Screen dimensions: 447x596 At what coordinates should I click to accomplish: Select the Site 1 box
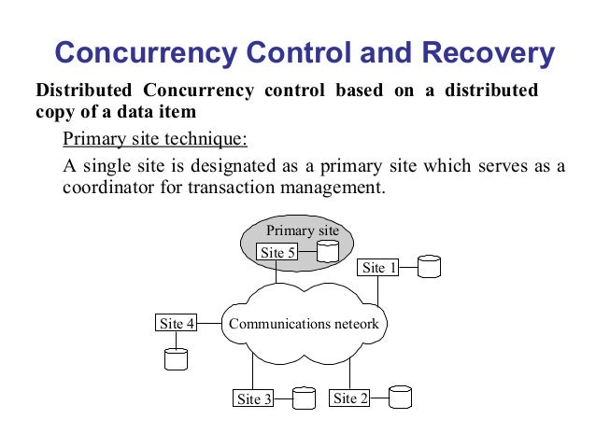(379, 268)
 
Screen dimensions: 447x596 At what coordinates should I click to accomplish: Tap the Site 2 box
(350, 398)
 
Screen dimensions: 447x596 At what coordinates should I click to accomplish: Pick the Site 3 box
(253, 399)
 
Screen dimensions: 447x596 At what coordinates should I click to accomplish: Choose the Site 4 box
(177, 324)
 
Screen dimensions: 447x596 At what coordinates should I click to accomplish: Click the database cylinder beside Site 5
(326, 251)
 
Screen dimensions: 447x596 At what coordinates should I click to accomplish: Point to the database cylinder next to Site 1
(429, 267)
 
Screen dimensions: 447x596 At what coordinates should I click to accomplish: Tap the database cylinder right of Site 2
(400, 397)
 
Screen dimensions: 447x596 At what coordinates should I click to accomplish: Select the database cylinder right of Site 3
(305, 398)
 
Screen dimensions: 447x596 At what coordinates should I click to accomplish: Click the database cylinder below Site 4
(176, 358)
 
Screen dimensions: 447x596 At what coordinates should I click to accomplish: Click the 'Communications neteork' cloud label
(304, 324)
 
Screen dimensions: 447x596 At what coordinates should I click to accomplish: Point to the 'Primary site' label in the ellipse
(303, 230)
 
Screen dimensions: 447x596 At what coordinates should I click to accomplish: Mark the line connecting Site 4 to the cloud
(209, 324)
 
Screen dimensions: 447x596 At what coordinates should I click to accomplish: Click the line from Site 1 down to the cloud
(378, 291)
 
